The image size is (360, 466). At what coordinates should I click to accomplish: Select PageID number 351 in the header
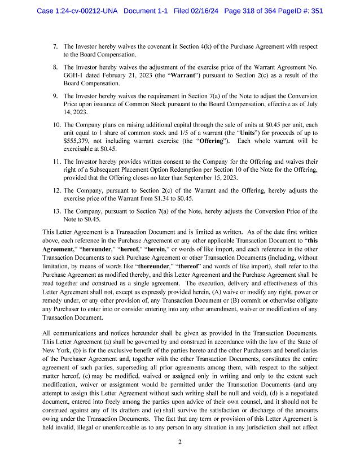(x=315, y=11)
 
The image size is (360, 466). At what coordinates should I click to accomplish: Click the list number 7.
(x=55, y=46)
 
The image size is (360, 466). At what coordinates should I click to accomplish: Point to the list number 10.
(x=56, y=124)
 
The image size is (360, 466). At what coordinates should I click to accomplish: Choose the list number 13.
(x=56, y=211)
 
